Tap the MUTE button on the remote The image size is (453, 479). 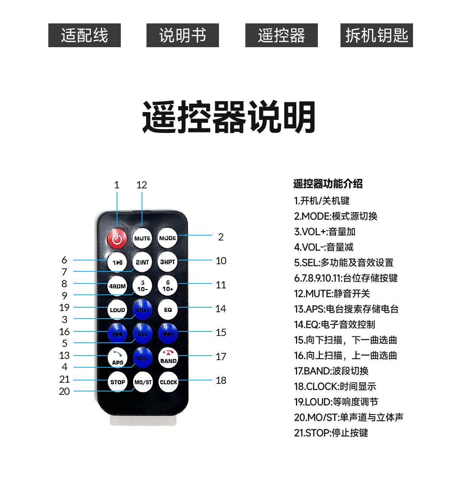coord(142,238)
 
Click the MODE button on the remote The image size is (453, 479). coord(167,237)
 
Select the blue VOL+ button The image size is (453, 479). coord(142,310)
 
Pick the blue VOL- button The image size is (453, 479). coord(142,357)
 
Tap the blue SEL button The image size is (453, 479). coord(143,333)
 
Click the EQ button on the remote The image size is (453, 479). coord(168,309)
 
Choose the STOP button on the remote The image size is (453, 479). coord(117,382)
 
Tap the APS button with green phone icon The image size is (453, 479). coord(117,357)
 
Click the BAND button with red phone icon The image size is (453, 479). coord(168,357)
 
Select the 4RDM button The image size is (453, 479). coord(117,286)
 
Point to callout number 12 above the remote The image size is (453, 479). coord(142,185)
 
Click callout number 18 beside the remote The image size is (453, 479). coord(221,380)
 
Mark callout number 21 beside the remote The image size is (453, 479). coord(64,379)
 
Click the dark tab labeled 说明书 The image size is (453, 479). coord(182,35)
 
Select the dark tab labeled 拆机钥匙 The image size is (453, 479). coord(376,35)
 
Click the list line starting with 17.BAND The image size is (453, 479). coord(331,371)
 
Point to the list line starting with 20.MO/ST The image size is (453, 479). coord(348,417)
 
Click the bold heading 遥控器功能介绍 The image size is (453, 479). coord(328,184)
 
